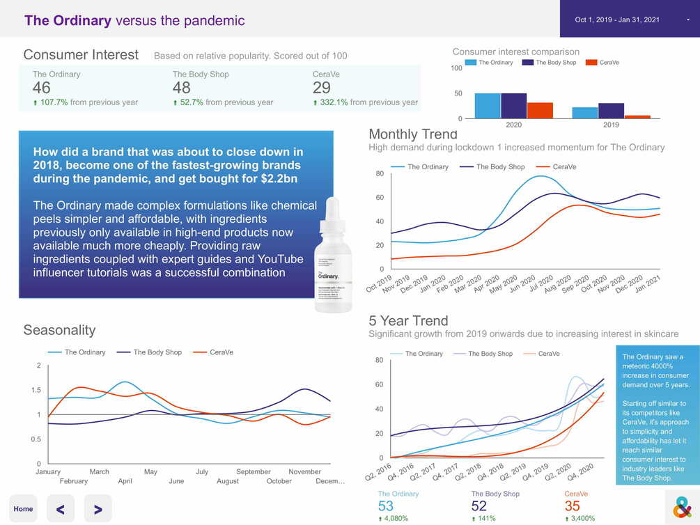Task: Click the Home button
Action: point(23,509)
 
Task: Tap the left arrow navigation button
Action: point(61,509)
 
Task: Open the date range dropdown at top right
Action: point(630,19)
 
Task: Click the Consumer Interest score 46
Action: point(42,88)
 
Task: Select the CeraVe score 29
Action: point(322,88)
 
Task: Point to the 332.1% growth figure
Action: point(334,102)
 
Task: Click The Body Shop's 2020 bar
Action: point(514,106)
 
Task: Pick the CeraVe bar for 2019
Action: point(637,117)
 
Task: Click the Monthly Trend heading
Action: point(413,134)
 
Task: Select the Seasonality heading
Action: point(59,330)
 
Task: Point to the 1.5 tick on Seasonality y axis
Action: point(36,390)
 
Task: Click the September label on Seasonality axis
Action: point(253,471)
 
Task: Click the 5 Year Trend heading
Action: point(408,321)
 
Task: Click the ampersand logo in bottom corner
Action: point(682,508)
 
